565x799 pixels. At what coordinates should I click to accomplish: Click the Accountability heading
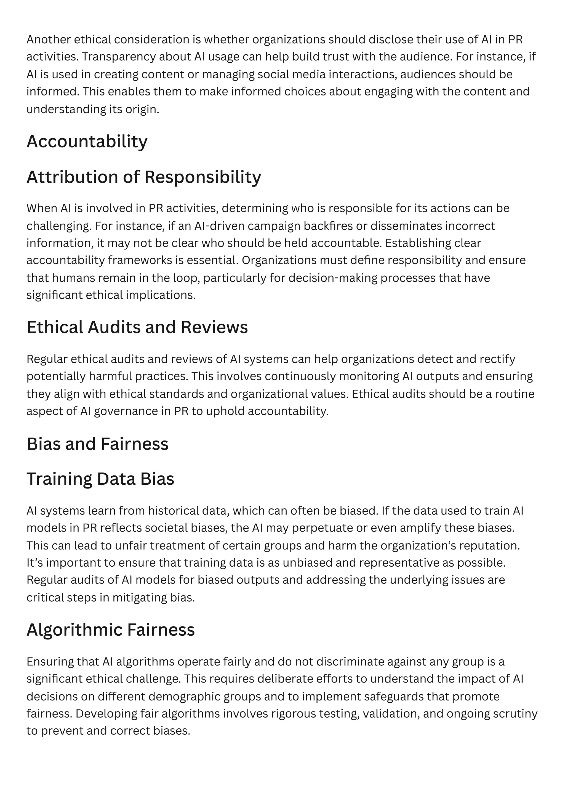pyautogui.click(x=87, y=142)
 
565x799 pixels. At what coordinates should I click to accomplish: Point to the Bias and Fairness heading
pyautogui.click(x=97, y=444)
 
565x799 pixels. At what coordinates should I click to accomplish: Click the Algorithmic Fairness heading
pyautogui.click(x=111, y=630)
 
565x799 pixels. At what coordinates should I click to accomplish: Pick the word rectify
pyautogui.click(x=498, y=359)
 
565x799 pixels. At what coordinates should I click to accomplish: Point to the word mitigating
pyautogui.click(x=140, y=598)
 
